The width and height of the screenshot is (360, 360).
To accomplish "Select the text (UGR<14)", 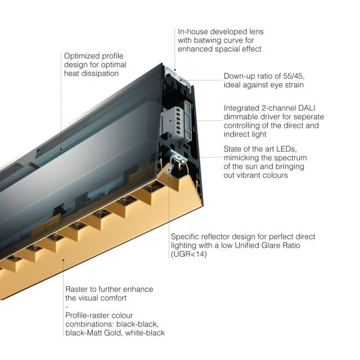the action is [189, 254].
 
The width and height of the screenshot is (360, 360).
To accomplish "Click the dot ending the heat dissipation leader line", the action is [61, 150].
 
